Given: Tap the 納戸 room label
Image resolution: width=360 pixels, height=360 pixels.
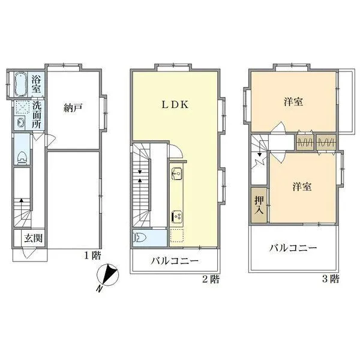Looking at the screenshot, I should (73, 108).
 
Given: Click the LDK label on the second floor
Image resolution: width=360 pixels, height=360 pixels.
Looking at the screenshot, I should (175, 103).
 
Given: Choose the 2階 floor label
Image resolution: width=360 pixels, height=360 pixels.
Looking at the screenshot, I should (210, 278).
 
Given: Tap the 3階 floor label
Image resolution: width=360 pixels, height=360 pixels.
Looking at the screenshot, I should (330, 278).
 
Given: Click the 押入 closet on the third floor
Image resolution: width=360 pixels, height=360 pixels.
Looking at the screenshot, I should (259, 206).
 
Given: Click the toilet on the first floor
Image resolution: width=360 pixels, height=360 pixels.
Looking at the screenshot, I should (22, 157).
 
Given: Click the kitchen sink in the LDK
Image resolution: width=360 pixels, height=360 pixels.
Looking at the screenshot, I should (177, 175).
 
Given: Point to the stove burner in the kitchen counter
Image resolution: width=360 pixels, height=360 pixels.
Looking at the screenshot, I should (177, 215).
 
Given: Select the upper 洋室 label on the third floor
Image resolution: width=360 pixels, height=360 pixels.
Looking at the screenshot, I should (293, 102).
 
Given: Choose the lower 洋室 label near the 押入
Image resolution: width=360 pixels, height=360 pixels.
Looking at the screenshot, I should (302, 187).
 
